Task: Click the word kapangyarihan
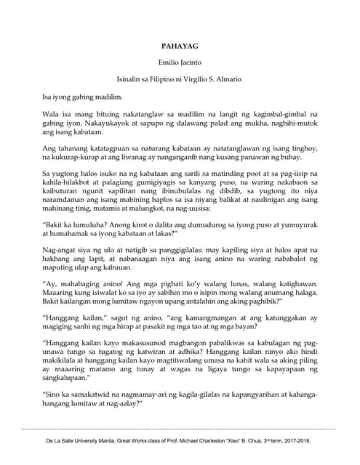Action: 233,393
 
